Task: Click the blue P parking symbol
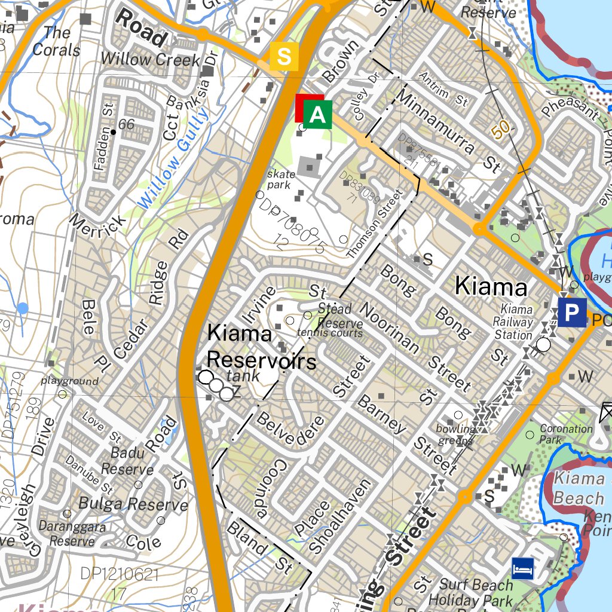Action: pyautogui.click(x=572, y=313)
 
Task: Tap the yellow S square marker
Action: pyautogui.click(x=284, y=57)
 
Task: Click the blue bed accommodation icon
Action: pyautogui.click(x=522, y=568)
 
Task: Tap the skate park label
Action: pyautogui.click(x=281, y=179)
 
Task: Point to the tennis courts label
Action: pyautogui.click(x=330, y=333)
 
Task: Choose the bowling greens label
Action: pyautogui.click(x=455, y=434)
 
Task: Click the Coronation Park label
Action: pyautogui.click(x=565, y=433)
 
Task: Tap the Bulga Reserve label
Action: pyautogui.click(x=133, y=504)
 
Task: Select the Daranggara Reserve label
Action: pyautogui.click(x=72, y=534)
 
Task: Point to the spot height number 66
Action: pyautogui.click(x=126, y=124)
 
